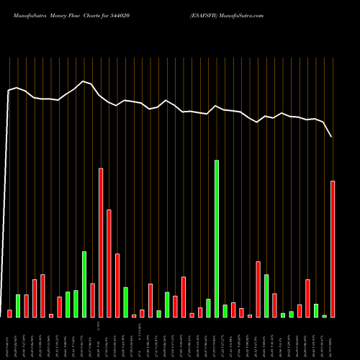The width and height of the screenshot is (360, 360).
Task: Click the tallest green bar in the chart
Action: [217, 238]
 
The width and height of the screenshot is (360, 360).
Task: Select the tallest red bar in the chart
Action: [101, 243]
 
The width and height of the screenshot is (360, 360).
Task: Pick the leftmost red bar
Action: [10, 313]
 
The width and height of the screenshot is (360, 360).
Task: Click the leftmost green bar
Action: [18, 305]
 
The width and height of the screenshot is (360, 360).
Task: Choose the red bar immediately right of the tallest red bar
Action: [109, 263]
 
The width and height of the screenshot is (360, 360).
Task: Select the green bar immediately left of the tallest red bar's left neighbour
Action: [84, 284]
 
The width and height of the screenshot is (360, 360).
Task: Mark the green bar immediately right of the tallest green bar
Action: [225, 310]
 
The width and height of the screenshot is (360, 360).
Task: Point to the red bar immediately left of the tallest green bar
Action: [209, 308]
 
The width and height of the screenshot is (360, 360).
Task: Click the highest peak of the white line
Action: [84, 81]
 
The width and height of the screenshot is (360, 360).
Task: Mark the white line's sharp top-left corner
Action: [9, 91]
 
